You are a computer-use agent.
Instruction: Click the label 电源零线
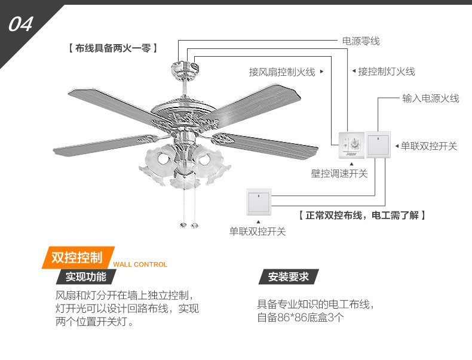coord(360,41)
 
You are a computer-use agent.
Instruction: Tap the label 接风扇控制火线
coord(282,72)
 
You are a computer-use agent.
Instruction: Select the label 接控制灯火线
coord(387,72)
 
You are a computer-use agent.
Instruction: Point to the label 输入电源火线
coord(430,99)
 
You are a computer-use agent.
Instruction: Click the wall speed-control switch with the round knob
coord(351,144)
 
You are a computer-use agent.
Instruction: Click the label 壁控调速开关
coord(339,174)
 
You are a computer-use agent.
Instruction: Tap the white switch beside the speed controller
coord(378,144)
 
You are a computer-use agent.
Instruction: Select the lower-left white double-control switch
coord(258,201)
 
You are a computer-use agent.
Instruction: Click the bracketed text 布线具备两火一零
coord(113,49)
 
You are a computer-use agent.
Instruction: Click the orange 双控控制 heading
coord(76,258)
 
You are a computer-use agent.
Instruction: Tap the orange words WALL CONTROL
coord(140,264)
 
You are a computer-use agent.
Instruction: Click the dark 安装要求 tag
coord(288,277)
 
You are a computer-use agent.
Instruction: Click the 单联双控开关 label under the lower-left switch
coord(258,232)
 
